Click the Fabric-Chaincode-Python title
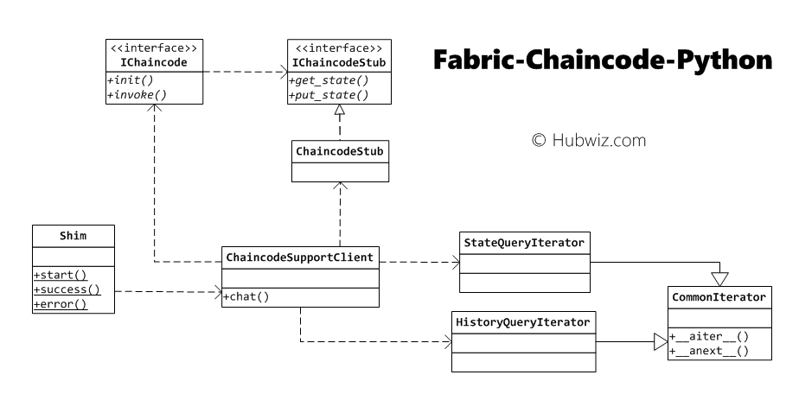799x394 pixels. click(x=602, y=62)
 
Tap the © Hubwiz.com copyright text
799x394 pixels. click(x=588, y=138)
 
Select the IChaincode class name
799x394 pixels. click(x=153, y=63)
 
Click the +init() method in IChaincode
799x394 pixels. click(x=132, y=80)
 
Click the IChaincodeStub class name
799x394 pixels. click(x=338, y=63)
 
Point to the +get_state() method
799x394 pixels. click(x=327, y=80)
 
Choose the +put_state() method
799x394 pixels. click(x=327, y=95)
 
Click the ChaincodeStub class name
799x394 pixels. click(x=340, y=151)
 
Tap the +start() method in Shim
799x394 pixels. click(x=61, y=275)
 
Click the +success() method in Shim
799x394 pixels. click(x=67, y=289)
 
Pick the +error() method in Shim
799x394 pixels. click(x=61, y=304)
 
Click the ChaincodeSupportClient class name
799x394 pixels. click(x=300, y=257)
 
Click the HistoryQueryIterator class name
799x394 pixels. click(x=523, y=322)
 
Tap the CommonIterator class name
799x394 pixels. click(x=718, y=297)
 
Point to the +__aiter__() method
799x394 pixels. click(x=709, y=337)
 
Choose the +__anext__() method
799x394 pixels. click(x=709, y=351)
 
